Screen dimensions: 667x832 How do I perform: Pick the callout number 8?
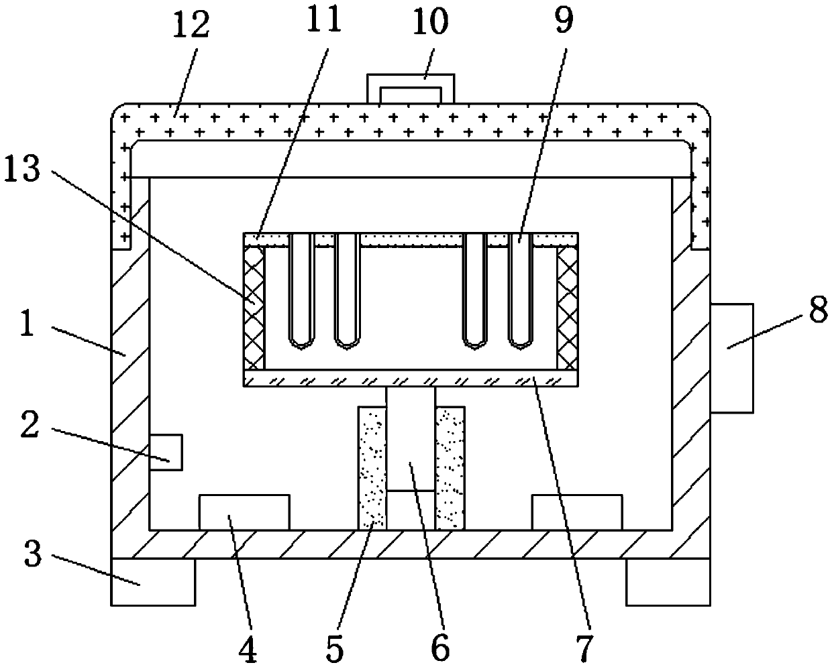point(817,314)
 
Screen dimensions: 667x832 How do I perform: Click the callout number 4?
point(249,650)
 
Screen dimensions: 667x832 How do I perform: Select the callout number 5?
point(334,650)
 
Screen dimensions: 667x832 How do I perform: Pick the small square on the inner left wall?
point(165,452)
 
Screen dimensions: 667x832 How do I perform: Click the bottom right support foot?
point(668,581)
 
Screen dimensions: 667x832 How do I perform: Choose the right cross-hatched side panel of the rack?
point(567,307)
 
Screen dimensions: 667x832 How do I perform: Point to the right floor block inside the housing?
point(576,512)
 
